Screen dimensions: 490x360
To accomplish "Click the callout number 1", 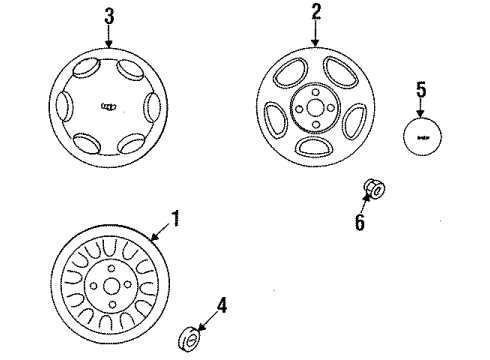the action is [x=175, y=218].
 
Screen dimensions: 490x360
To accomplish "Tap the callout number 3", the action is [x=108, y=16].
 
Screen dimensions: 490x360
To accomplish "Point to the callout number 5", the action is [x=420, y=90].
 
